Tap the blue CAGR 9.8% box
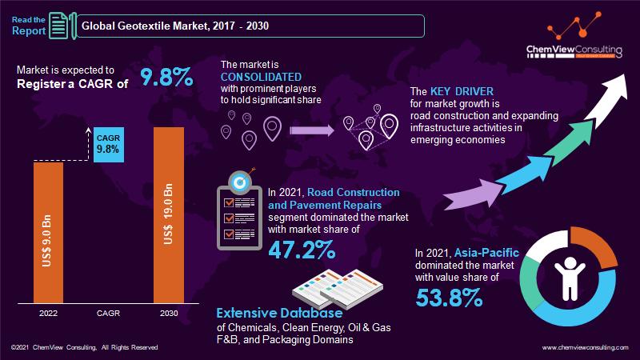107,142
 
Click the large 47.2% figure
302,249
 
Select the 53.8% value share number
449,298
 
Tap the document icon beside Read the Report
58,26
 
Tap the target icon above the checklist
239,178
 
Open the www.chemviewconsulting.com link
587,348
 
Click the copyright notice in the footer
84,348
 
